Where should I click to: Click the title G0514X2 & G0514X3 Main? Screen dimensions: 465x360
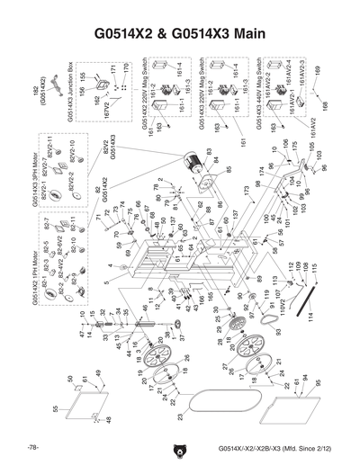pyautogui.click(x=180, y=35)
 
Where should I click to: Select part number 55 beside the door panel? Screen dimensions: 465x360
pyautogui.click(x=56, y=408)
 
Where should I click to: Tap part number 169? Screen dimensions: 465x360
pyautogui.click(x=317, y=69)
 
